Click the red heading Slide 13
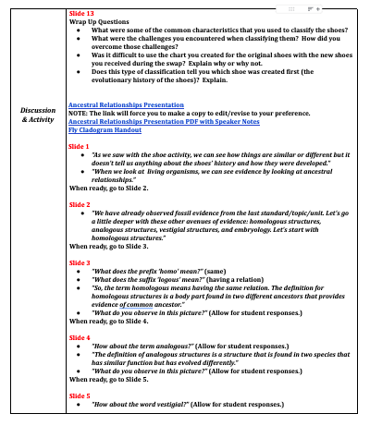pos(81,15)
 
